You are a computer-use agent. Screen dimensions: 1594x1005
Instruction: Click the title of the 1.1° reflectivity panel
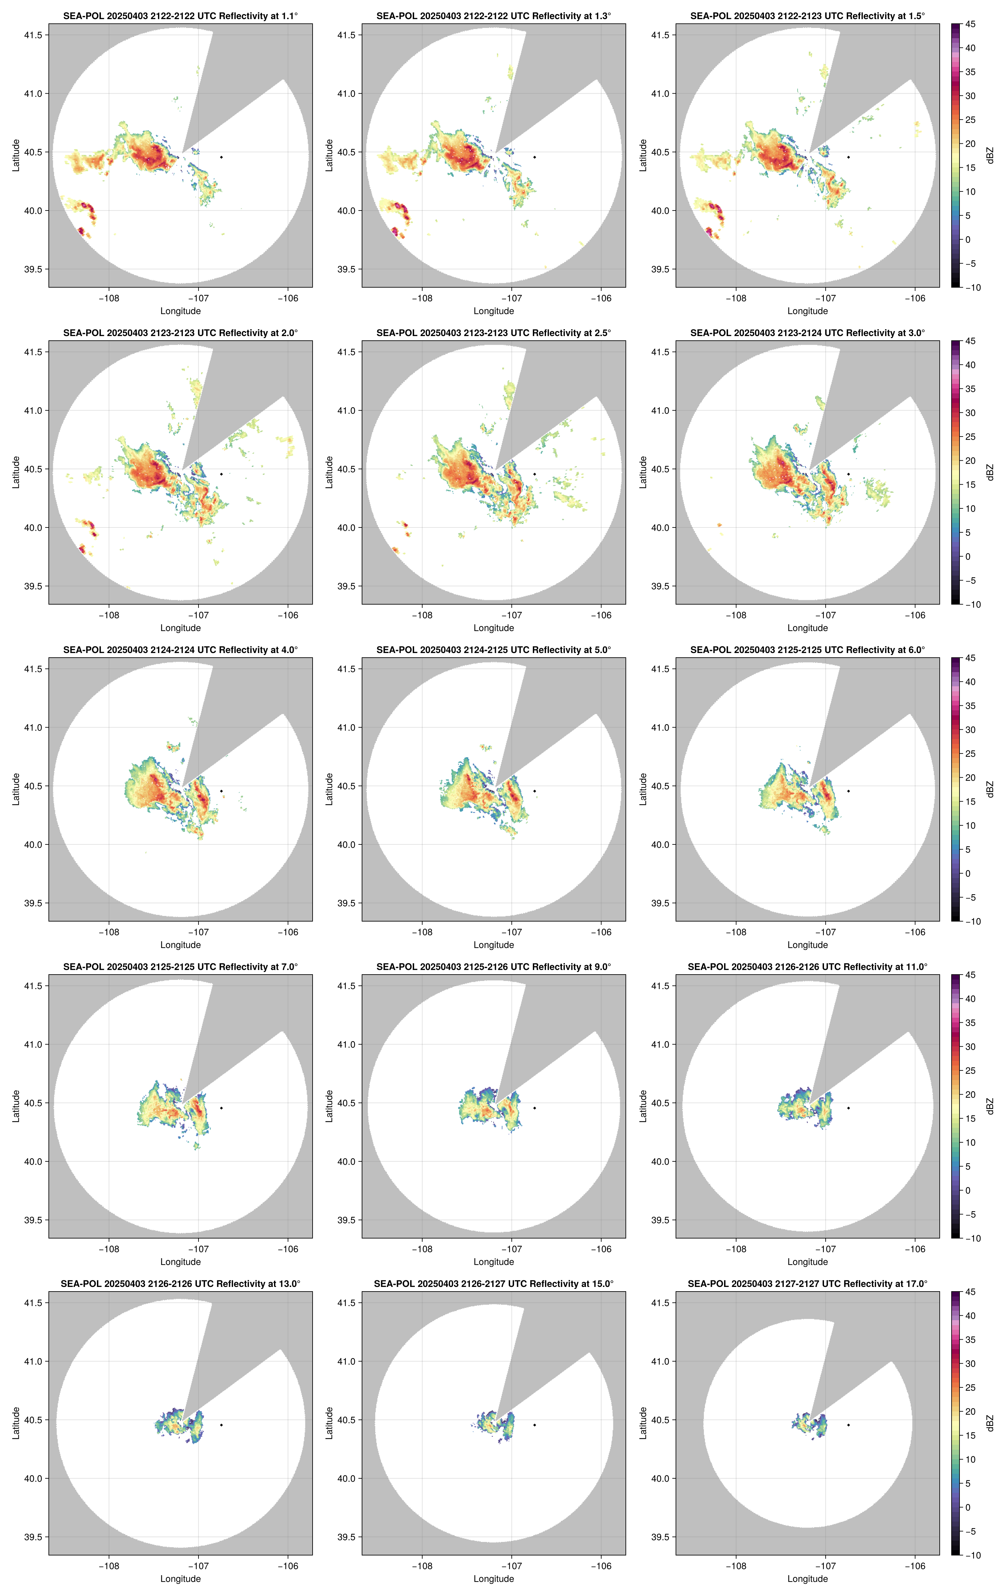(x=180, y=16)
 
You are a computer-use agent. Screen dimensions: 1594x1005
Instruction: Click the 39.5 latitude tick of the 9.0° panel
(x=347, y=1220)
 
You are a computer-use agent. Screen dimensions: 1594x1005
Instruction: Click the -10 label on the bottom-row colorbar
(x=973, y=1555)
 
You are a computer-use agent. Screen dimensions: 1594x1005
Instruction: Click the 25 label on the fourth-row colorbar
(x=970, y=1070)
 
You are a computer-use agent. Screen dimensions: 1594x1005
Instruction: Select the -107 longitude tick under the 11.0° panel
(x=825, y=1249)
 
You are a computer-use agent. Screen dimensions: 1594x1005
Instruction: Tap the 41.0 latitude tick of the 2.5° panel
(x=347, y=411)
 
